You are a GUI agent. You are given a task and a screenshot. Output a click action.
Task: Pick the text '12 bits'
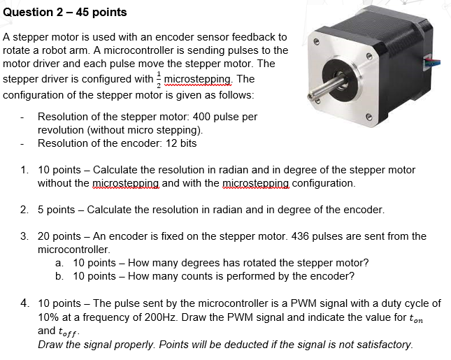click(180, 143)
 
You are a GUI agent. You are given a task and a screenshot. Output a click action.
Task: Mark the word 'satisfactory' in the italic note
click(383, 344)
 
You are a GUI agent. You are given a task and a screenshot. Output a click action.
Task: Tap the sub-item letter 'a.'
click(59, 263)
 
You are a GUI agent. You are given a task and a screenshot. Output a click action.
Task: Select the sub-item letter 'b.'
click(59, 276)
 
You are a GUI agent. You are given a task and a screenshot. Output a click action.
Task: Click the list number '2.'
click(24, 210)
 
